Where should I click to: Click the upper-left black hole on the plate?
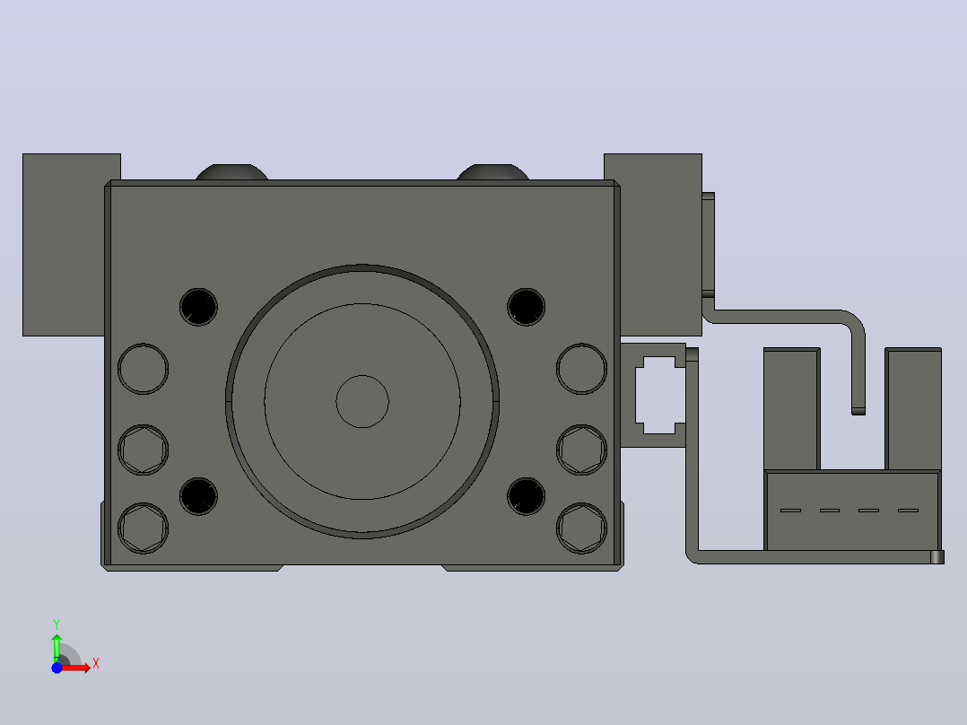tap(198, 307)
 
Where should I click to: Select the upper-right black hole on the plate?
tap(526, 307)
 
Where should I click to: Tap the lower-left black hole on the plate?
tap(198, 496)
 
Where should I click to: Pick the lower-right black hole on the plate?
tap(526, 496)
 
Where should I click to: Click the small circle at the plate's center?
tap(362, 402)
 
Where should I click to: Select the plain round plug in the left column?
tap(144, 369)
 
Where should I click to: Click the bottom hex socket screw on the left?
tap(144, 528)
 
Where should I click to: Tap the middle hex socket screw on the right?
tap(581, 450)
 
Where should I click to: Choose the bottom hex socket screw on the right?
tap(581, 528)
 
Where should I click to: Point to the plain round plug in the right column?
tap(581, 369)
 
